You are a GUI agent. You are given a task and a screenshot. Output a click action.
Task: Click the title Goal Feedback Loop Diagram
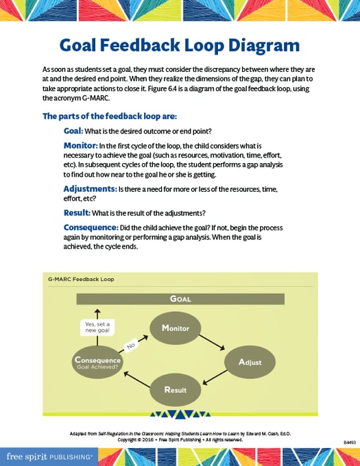pyautogui.click(x=179, y=45)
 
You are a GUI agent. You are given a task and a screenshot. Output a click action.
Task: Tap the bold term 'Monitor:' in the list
pyautogui.click(x=80, y=145)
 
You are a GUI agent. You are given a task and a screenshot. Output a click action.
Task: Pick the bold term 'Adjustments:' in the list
pyautogui.click(x=90, y=188)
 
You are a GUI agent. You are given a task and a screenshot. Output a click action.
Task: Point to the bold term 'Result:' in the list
pyautogui.click(x=77, y=212)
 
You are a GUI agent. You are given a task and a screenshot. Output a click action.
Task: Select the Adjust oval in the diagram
pyautogui.click(x=250, y=361)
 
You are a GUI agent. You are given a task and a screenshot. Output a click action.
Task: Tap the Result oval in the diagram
pyautogui.click(x=176, y=390)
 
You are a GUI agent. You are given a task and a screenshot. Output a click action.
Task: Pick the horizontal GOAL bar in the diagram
pyautogui.click(x=180, y=299)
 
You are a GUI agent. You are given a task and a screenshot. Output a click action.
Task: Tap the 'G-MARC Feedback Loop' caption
pyautogui.click(x=80, y=279)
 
